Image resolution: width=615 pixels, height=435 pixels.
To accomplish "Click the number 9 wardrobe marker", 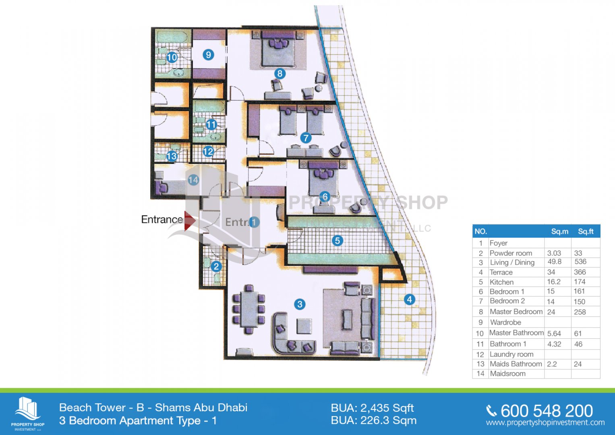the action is pos(208,55).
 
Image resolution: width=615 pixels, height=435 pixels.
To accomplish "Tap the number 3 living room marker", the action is pos(300,304).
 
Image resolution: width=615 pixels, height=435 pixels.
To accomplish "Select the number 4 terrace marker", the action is pos(409,299).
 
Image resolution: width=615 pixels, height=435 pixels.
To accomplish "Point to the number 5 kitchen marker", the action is pos(338,241).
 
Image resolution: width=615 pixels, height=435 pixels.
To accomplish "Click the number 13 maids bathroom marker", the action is pos(172,156).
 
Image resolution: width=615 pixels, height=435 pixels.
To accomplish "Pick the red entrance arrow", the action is pos(190,221).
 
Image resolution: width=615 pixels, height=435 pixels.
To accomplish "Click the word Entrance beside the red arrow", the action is pos(162,220).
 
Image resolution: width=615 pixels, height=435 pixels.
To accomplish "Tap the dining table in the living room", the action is pos(249,309).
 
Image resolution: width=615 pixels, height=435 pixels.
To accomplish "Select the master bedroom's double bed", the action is pos(278,48).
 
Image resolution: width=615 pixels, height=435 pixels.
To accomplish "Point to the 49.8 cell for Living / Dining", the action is pos(555,262).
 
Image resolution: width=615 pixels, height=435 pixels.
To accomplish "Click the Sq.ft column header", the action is pos(586,232).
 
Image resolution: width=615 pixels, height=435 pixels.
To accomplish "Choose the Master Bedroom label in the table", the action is pos(516,312).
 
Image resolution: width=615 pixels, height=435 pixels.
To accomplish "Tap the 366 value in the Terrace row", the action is pos(580,272).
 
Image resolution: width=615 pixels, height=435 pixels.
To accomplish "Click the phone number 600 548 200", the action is pos(547,411).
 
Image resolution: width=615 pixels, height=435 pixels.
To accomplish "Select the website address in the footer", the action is pos(545,423).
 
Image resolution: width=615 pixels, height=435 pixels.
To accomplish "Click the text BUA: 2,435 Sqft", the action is pos(372,408).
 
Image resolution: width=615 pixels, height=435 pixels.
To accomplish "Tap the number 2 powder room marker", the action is pos(216,266).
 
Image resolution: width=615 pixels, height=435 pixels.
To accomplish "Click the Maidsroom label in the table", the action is pos(507,373).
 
